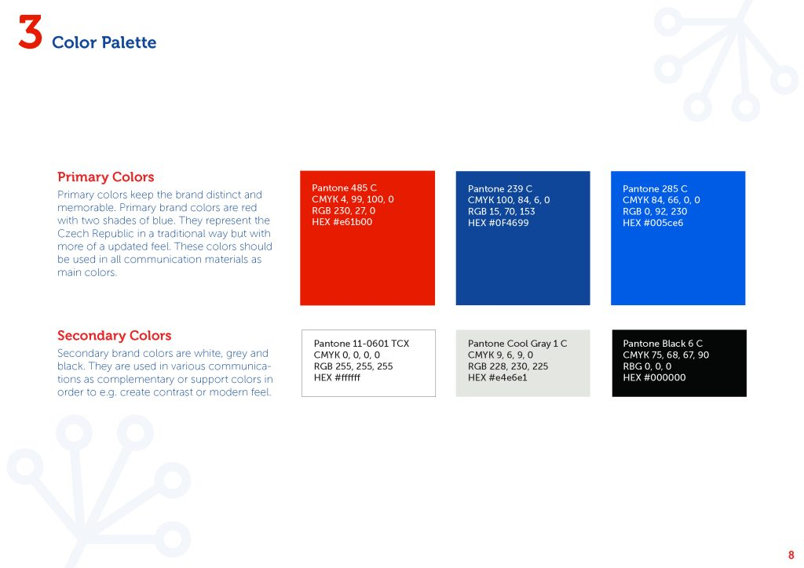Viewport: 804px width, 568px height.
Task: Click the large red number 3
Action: pos(30,31)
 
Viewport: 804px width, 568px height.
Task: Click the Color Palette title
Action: pos(104,42)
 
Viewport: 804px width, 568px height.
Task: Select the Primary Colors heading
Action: pos(106,177)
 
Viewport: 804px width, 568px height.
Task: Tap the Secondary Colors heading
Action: pos(115,336)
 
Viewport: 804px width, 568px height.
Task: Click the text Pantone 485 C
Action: pos(344,188)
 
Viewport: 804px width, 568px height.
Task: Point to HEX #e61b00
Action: pos(342,222)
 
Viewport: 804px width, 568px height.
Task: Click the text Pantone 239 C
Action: pos(500,189)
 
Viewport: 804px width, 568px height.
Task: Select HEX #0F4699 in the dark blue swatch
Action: pos(498,223)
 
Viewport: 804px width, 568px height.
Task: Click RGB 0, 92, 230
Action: pos(655,212)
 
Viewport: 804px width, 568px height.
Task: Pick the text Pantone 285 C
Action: pos(655,189)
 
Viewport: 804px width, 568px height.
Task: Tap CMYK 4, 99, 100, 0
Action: pos(353,199)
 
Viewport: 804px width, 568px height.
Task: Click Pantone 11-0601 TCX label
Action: pos(361,344)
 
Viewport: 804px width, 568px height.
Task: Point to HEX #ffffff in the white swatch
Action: pos(337,377)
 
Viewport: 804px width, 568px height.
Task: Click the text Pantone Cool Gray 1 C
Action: pos(517,344)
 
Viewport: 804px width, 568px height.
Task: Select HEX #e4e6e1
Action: pos(497,377)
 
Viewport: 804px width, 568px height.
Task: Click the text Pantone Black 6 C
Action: pos(663,344)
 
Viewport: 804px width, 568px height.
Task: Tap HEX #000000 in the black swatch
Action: pos(654,377)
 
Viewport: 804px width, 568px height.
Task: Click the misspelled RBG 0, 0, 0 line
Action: pos(647,366)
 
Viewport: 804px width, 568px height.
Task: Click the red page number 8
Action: pos(791,555)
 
